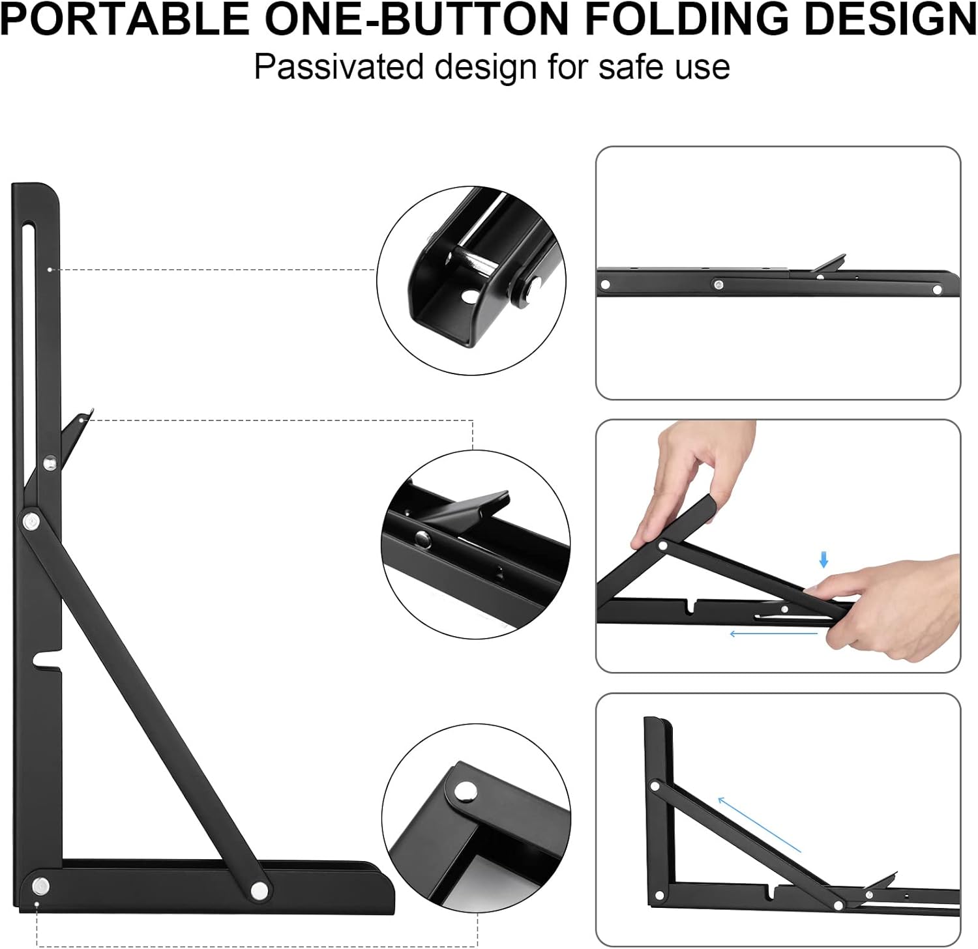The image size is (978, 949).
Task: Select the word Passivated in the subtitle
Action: pyautogui.click(x=339, y=66)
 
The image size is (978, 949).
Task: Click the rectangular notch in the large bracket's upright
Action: pyautogui.click(x=48, y=658)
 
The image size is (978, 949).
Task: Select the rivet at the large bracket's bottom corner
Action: pyautogui.click(x=40, y=886)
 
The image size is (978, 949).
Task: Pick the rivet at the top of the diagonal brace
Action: pyautogui.click(x=31, y=521)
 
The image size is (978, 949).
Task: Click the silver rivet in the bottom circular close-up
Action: pyautogui.click(x=466, y=791)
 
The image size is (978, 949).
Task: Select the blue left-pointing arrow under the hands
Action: pyautogui.click(x=773, y=633)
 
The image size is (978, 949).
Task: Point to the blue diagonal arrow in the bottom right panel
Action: pyautogui.click(x=759, y=825)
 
